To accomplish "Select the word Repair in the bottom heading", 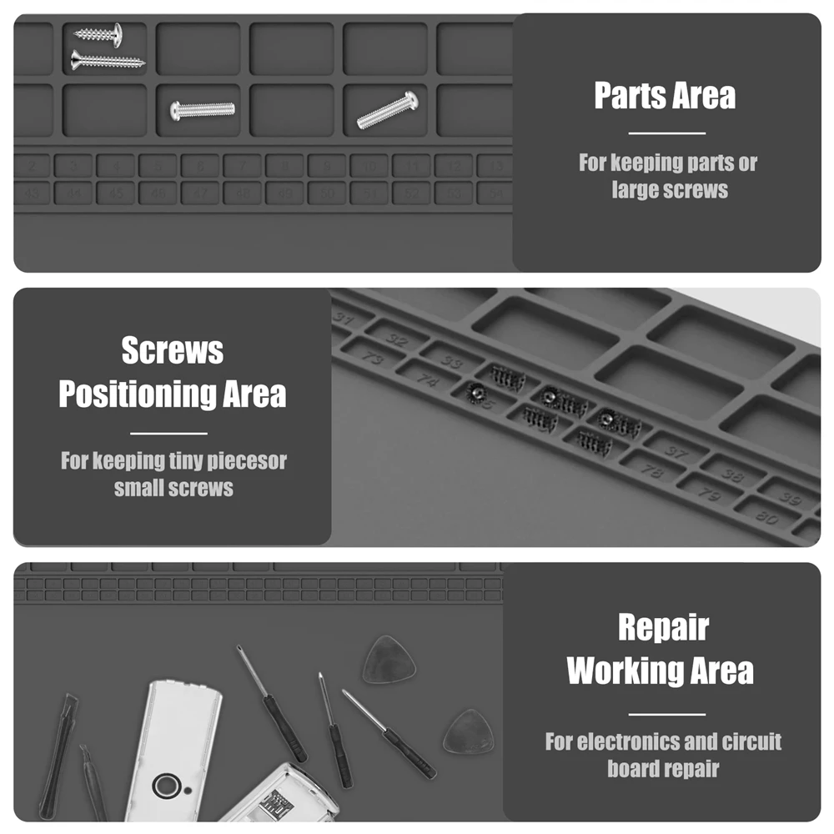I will coord(663,627).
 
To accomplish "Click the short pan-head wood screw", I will coord(98,34).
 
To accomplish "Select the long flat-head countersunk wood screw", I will coord(108,60).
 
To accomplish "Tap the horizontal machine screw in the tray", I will coord(203,110).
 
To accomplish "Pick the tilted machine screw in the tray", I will coord(388,111).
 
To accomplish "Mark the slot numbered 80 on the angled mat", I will coord(766,516).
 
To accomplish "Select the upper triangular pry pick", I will coord(389,661).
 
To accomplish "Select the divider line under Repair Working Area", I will coord(666,714).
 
